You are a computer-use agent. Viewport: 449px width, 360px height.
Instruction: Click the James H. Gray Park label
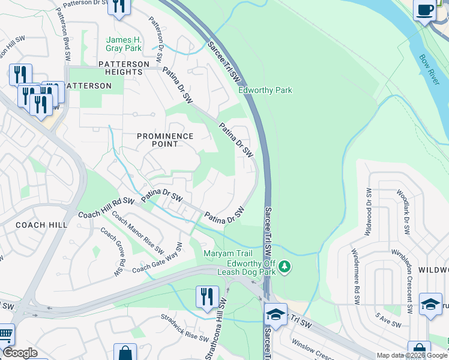[x=124, y=43]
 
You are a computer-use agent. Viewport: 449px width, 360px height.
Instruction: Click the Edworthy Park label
[x=265, y=91]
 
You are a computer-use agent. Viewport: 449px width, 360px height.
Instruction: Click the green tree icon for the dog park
[x=286, y=266]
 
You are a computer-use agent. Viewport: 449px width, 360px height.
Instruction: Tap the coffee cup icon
[x=425, y=10]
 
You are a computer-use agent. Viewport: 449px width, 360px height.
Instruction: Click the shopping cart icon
[x=5, y=334]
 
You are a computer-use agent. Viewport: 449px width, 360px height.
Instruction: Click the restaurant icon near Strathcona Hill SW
[x=206, y=296]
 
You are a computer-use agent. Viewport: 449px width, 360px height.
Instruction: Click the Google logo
[x=20, y=353]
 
